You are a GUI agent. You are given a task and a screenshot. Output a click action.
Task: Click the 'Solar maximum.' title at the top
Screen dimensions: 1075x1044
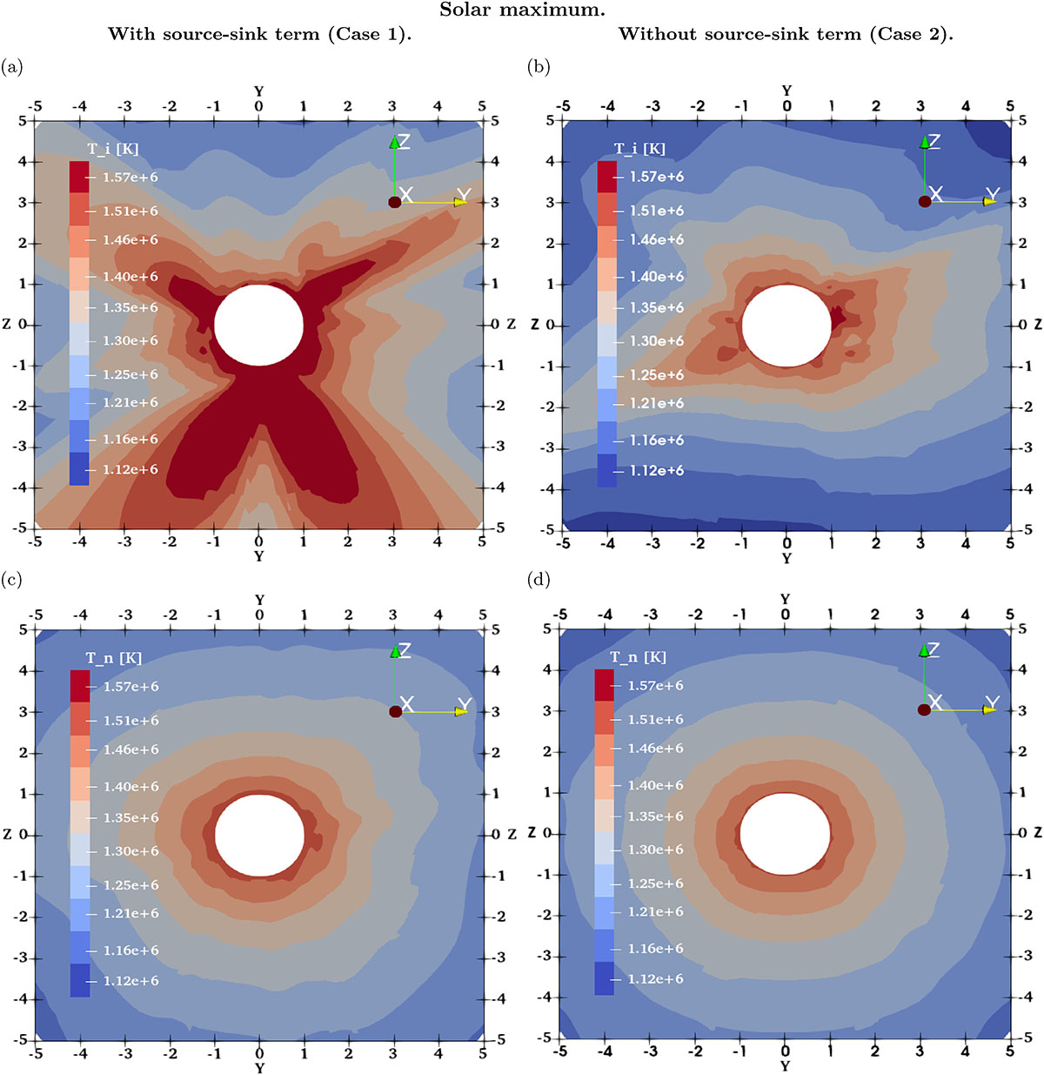click(x=522, y=10)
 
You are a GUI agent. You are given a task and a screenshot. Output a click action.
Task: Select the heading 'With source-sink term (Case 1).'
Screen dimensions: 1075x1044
click(x=259, y=35)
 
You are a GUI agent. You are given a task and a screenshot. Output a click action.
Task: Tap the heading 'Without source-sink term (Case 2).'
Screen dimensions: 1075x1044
click(x=786, y=35)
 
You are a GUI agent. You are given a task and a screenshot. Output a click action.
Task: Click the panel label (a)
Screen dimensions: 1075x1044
click(x=12, y=66)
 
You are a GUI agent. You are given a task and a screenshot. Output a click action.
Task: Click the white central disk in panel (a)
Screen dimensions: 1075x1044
click(x=258, y=325)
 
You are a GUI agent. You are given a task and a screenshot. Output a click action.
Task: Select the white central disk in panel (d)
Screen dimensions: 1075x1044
click(x=785, y=833)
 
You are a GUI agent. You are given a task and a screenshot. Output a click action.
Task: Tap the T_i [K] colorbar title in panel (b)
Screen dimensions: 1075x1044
click(x=639, y=149)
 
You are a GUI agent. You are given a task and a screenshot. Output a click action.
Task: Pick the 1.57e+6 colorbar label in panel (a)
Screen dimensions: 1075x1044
click(x=130, y=177)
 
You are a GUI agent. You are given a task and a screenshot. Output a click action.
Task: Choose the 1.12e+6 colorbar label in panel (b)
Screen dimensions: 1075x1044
click(x=657, y=471)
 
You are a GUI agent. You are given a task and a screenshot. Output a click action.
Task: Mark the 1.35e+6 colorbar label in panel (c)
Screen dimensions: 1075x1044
click(x=130, y=818)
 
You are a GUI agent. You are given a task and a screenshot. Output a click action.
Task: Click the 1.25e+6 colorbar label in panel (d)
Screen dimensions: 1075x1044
click(x=655, y=884)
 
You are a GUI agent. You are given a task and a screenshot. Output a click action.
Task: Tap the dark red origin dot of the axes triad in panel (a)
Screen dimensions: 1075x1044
click(x=394, y=202)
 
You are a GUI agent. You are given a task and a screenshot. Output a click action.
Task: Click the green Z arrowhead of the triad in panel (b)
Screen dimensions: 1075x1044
click(x=922, y=141)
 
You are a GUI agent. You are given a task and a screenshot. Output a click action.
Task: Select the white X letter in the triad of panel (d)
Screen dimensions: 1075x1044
click(x=936, y=702)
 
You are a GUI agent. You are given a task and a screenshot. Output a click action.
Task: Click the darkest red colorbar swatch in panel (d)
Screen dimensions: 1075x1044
click(x=605, y=684)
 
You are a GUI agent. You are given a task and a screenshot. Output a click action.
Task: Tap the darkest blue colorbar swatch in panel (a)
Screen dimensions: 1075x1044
click(x=79, y=469)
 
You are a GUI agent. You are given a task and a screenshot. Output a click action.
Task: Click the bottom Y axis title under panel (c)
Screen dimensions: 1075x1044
click(x=259, y=1067)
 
